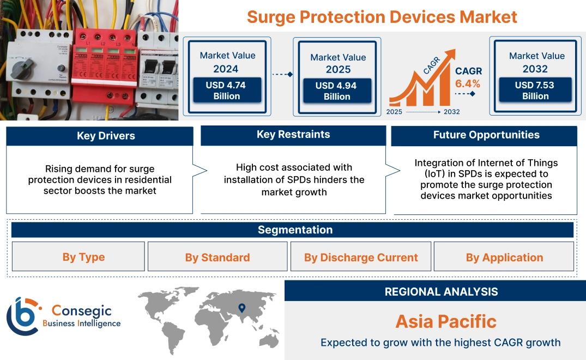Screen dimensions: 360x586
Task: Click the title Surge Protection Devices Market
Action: click(382, 16)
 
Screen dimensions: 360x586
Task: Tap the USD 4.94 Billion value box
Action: click(337, 91)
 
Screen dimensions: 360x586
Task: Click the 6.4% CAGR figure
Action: click(468, 83)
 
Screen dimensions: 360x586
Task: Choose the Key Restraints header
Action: click(293, 135)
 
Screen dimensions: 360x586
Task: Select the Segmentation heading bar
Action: click(295, 230)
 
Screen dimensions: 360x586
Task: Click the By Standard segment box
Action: click(217, 257)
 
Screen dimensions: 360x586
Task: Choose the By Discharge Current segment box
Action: click(361, 257)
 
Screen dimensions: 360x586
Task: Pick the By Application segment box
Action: click(504, 257)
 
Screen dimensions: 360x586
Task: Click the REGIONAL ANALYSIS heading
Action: click(441, 292)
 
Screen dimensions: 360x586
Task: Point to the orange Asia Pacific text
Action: click(445, 321)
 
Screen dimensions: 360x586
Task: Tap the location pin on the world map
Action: click(241, 308)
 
